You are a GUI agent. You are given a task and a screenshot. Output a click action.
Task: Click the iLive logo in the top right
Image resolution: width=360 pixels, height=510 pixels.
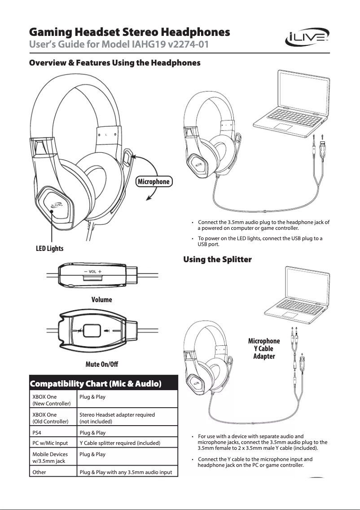tap(307, 39)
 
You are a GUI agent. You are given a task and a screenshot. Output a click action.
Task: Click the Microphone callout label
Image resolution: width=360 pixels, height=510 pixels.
tap(154, 181)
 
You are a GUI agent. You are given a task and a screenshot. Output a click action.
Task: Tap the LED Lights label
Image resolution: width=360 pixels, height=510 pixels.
tap(49, 248)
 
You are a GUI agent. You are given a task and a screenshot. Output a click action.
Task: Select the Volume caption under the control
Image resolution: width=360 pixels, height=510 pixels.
tap(101, 299)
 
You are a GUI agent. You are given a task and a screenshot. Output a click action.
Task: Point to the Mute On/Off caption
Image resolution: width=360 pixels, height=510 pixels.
tap(101, 363)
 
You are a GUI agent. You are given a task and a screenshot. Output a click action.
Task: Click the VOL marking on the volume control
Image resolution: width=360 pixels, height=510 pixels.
tap(92, 272)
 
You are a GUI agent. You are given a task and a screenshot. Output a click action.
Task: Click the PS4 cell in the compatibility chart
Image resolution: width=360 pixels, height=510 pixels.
tap(38, 433)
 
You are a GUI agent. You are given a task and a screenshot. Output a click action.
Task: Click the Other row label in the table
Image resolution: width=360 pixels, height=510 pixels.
tap(39, 472)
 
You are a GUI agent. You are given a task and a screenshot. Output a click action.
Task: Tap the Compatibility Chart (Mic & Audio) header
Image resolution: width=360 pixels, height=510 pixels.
tap(95, 384)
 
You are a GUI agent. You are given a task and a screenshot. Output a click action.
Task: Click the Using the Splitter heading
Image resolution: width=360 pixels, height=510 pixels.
tap(217, 259)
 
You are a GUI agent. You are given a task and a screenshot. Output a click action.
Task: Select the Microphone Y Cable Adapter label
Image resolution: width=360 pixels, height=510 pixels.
tap(264, 348)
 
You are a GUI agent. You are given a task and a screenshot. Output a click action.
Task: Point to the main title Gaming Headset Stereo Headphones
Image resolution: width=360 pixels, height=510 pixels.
tap(130, 32)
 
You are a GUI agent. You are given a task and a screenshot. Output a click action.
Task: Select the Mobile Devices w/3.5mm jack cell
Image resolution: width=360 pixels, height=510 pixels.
tap(50, 457)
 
